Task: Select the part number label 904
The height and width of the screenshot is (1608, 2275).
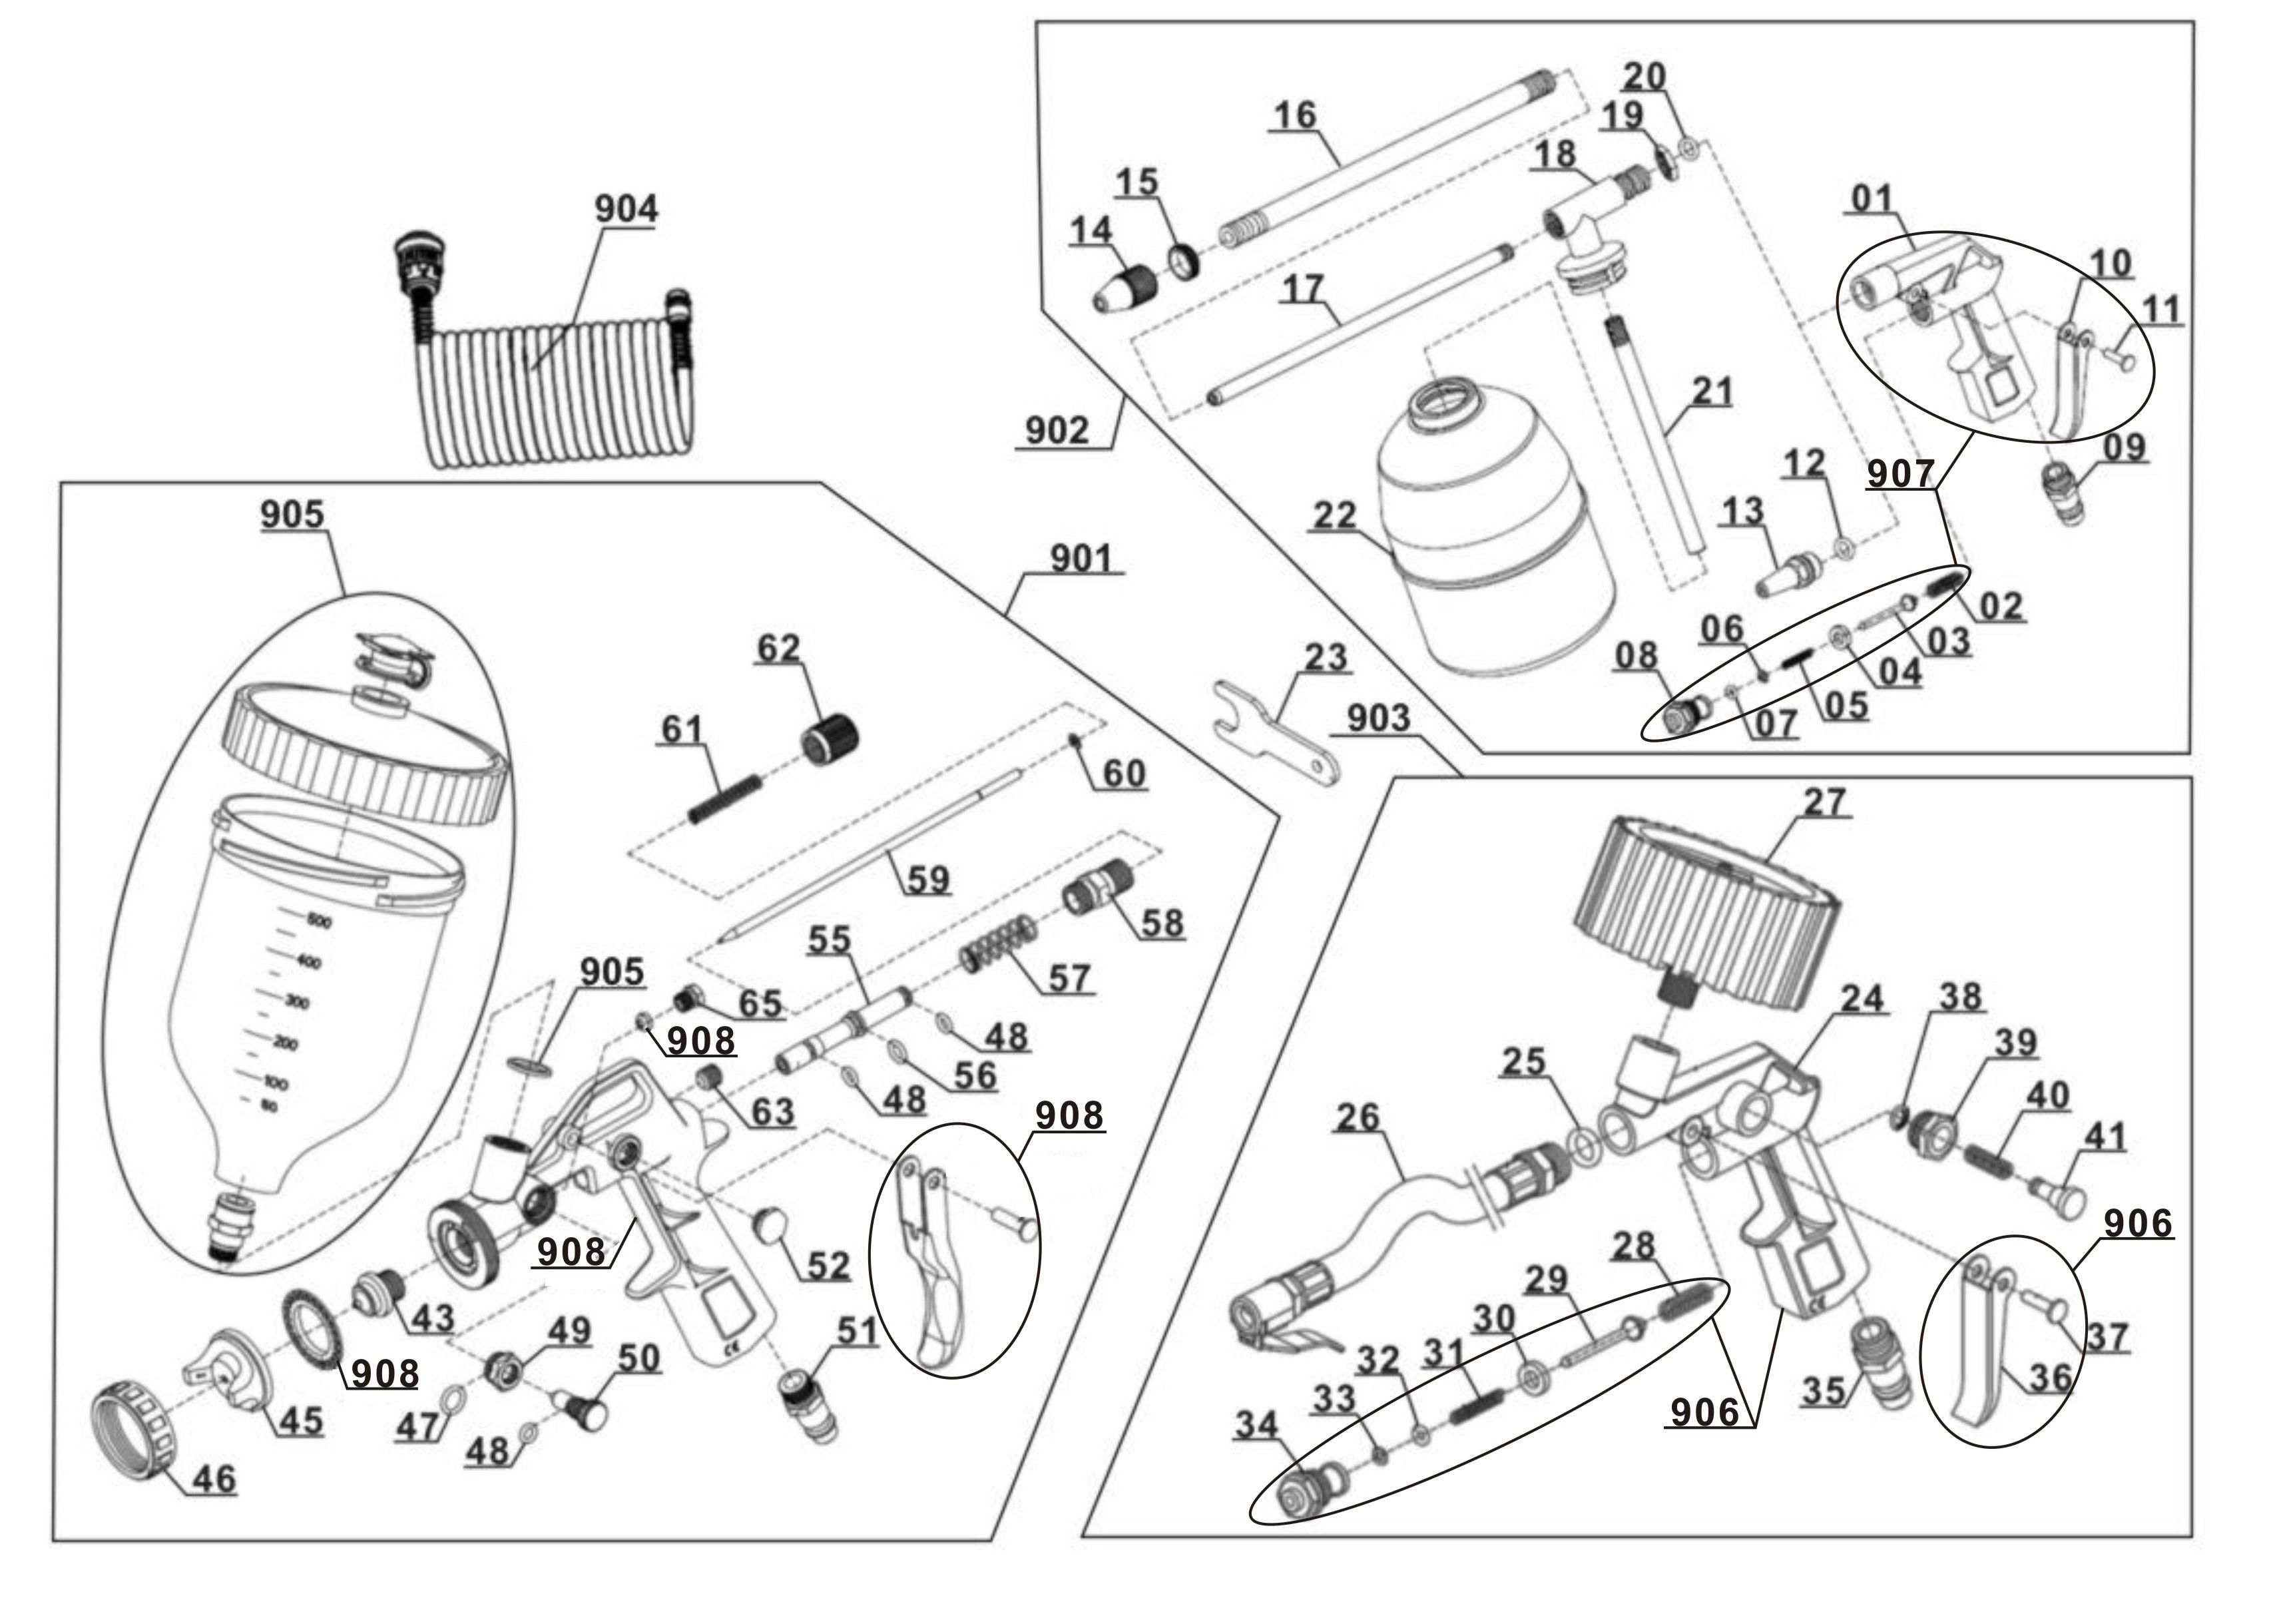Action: point(625,209)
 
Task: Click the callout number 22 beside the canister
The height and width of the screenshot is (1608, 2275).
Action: point(1335,515)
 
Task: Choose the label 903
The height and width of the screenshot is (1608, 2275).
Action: point(1378,718)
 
